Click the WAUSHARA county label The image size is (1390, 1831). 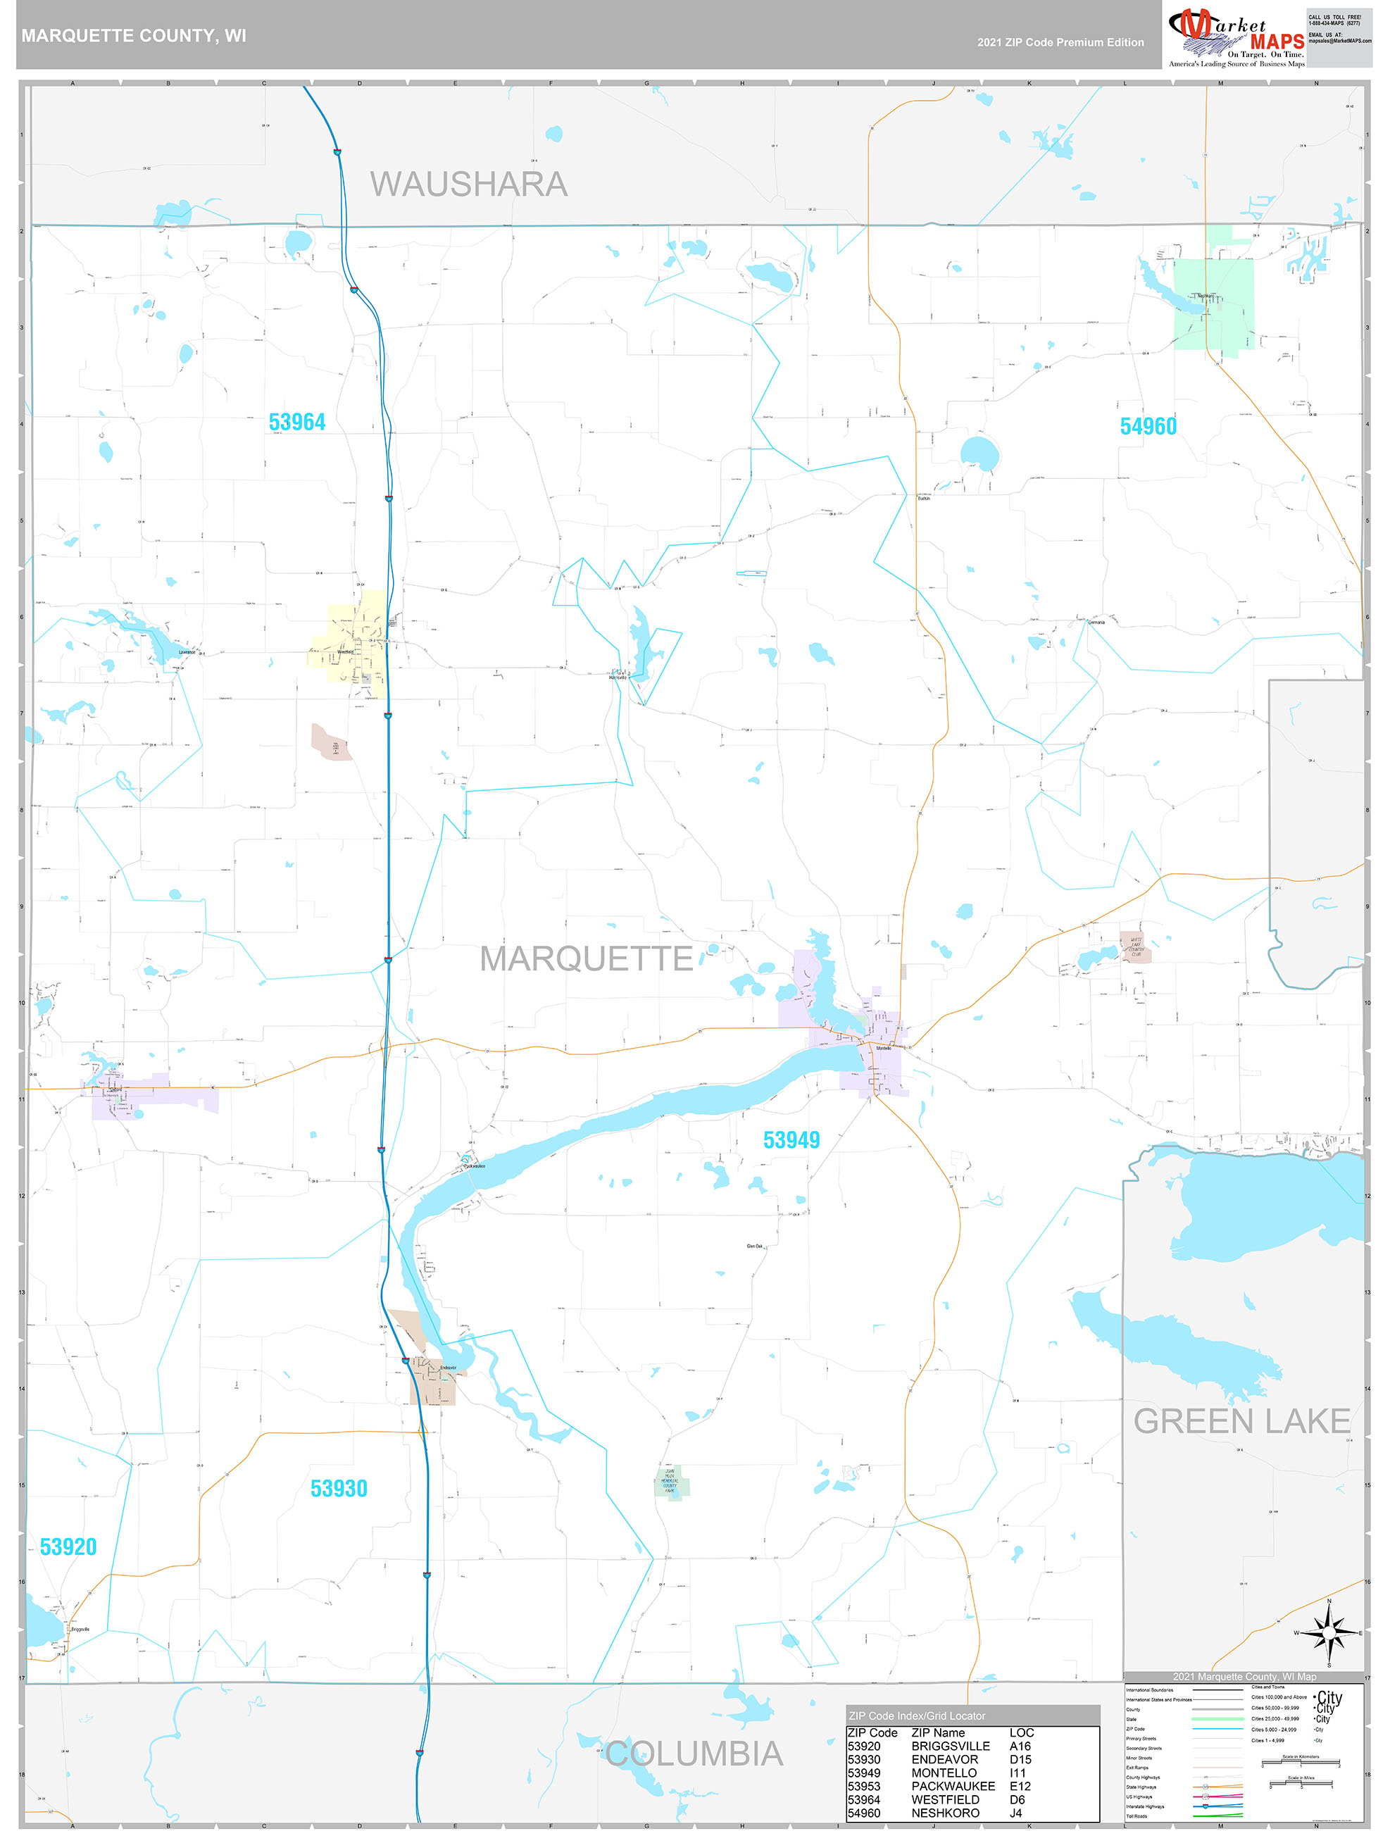(x=468, y=184)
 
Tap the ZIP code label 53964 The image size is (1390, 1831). (x=297, y=422)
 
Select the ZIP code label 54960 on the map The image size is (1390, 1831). (x=1148, y=426)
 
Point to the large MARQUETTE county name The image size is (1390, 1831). (x=586, y=958)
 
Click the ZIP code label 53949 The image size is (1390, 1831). (x=791, y=1140)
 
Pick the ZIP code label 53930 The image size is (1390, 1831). (x=339, y=1488)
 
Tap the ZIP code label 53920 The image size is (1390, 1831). (x=68, y=1547)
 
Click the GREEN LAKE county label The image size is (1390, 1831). (x=1241, y=1421)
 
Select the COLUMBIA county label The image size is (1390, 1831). (x=694, y=1754)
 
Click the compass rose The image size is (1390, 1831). (x=1329, y=1632)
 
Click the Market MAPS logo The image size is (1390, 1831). (x=1235, y=37)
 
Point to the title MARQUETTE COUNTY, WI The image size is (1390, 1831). (x=133, y=36)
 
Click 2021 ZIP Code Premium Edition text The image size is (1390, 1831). (x=1060, y=42)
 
